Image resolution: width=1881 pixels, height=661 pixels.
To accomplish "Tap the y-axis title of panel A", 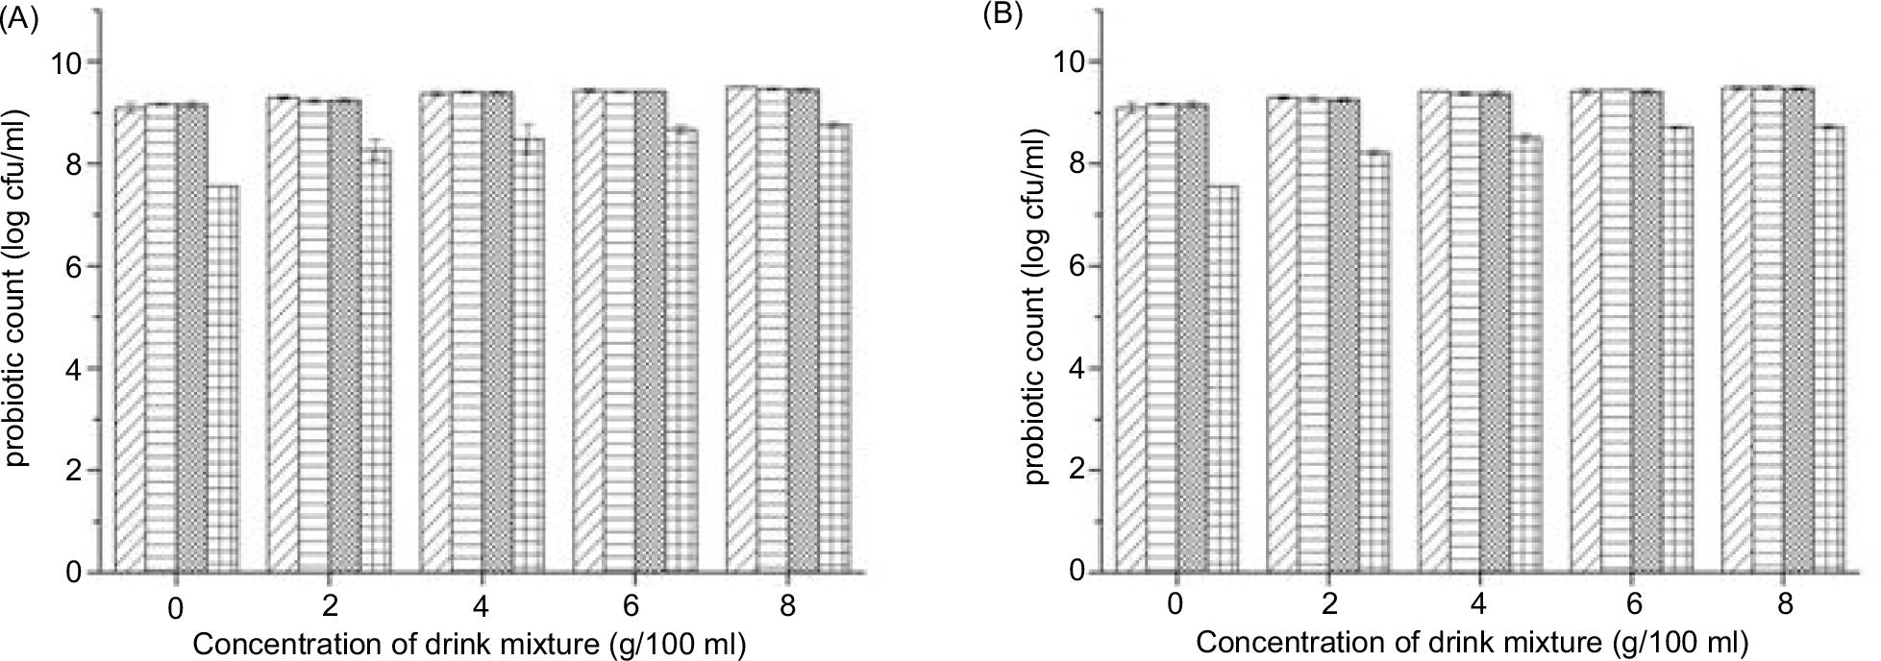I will pos(16,288).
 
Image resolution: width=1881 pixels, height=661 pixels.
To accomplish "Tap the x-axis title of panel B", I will pos(1471,641).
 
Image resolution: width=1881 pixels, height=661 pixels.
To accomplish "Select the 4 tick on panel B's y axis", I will pos(1079,368).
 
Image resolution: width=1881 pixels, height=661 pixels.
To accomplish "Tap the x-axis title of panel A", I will pos(469,643).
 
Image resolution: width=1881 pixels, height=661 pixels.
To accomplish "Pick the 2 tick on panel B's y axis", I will pos(1079,470).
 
